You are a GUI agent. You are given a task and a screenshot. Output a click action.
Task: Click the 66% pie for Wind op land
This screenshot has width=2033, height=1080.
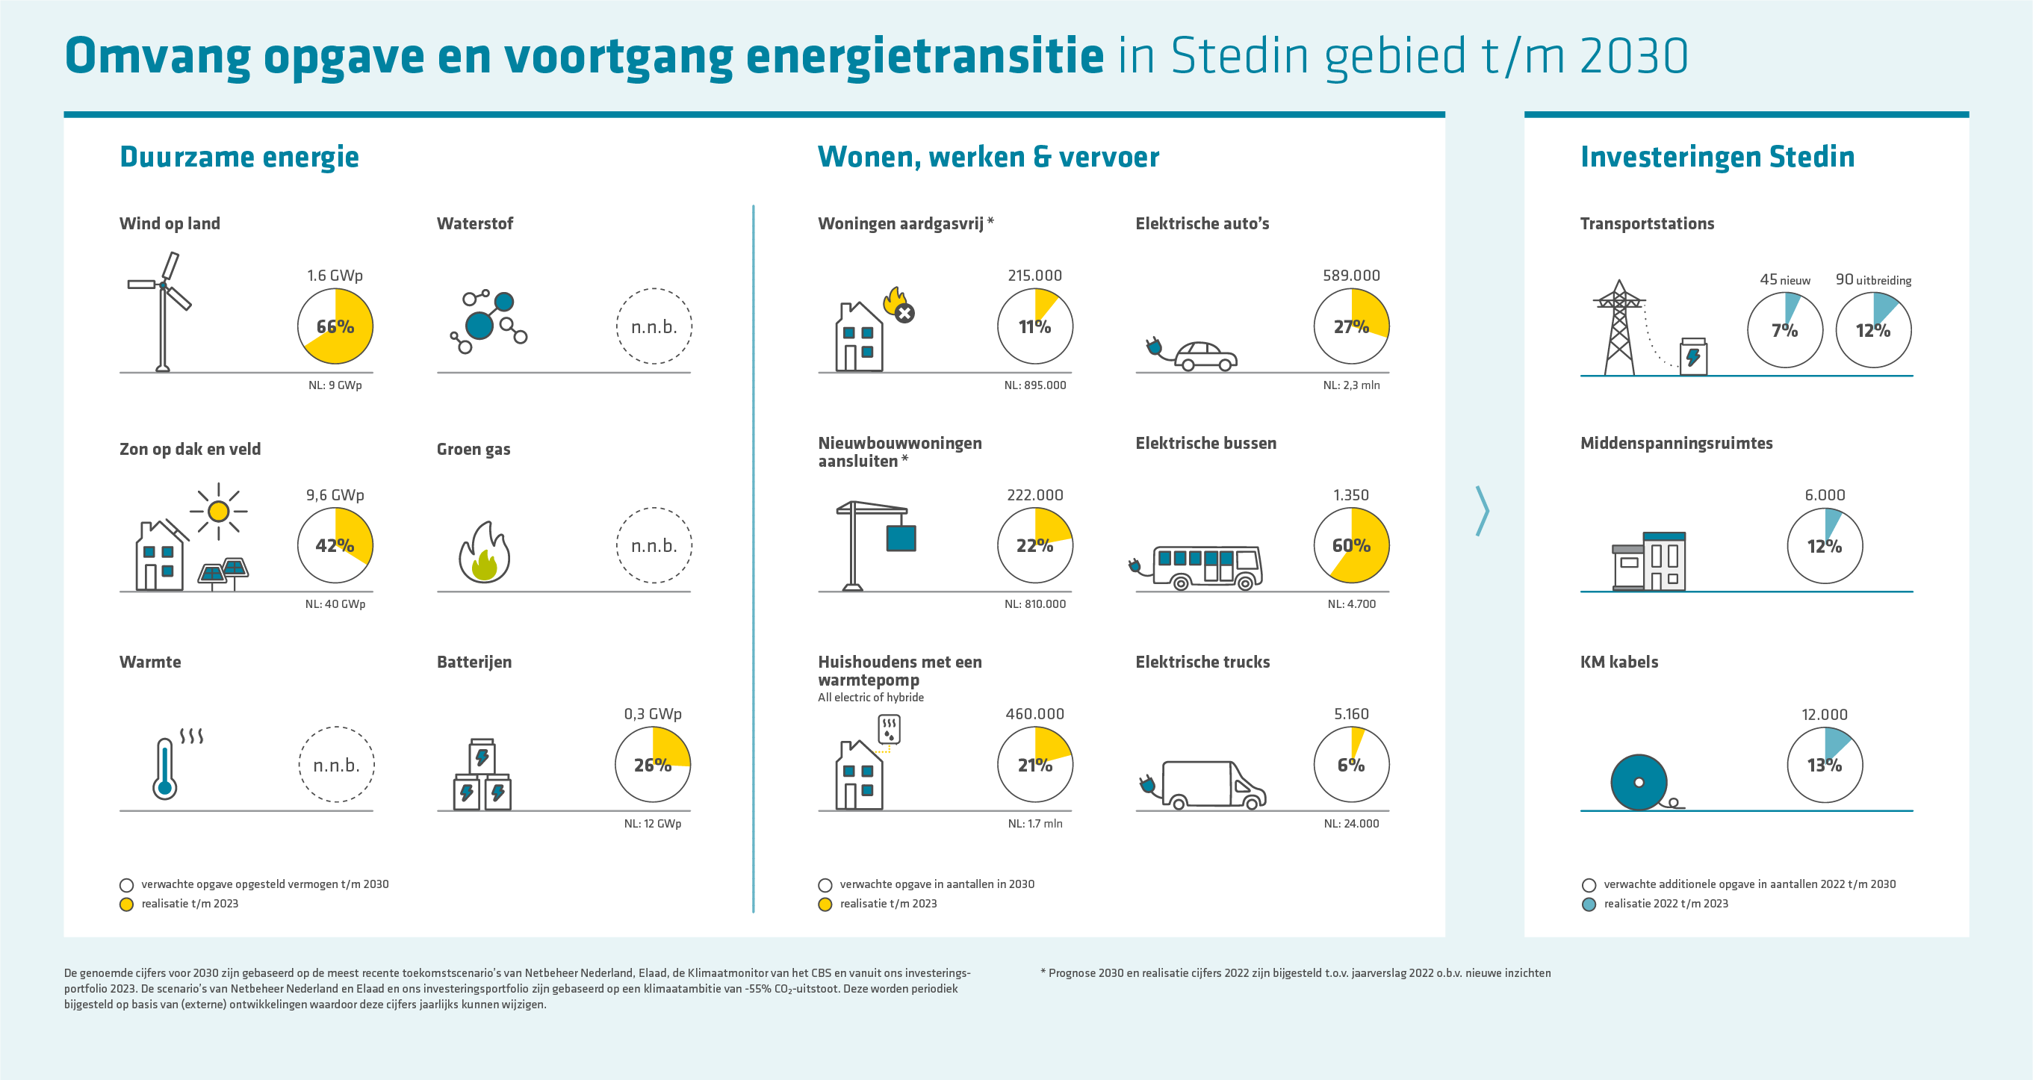[x=335, y=326]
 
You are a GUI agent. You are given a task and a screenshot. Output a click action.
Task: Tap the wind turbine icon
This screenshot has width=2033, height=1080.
[x=163, y=312]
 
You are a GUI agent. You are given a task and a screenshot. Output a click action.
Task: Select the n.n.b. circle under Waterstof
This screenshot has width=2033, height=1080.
[x=654, y=326]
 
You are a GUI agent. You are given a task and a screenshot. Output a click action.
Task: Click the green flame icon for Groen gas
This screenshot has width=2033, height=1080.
[x=484, y=553]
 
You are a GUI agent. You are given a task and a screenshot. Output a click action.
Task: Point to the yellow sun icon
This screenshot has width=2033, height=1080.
[x=219, y=511]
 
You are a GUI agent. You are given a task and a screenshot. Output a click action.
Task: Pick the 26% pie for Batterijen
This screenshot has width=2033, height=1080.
[x=652, y=764]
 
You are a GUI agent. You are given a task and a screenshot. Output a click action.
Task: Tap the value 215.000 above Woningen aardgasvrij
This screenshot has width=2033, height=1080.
[x=1034, y=276]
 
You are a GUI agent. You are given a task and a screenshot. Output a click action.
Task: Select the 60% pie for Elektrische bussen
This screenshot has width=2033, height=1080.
[x=1350, y=545]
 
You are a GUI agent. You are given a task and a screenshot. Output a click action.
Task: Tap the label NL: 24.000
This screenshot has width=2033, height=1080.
[x=1350, y=823]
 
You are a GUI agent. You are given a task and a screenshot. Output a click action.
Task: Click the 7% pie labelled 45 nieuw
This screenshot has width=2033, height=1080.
[x=1784, y=330]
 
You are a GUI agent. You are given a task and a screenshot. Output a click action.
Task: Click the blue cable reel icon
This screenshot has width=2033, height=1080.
[x=1639, y=783]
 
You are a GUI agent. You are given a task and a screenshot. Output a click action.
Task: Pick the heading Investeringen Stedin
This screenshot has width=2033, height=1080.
[x=1716, y=157]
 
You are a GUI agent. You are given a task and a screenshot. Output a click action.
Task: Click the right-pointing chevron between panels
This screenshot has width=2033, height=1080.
[x=1482, y=511]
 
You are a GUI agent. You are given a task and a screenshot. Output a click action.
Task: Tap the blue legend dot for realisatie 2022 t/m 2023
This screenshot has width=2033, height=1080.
[x=1589, y=904]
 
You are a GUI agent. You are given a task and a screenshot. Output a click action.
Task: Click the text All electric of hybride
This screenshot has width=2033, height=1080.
[x=871, y=697]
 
